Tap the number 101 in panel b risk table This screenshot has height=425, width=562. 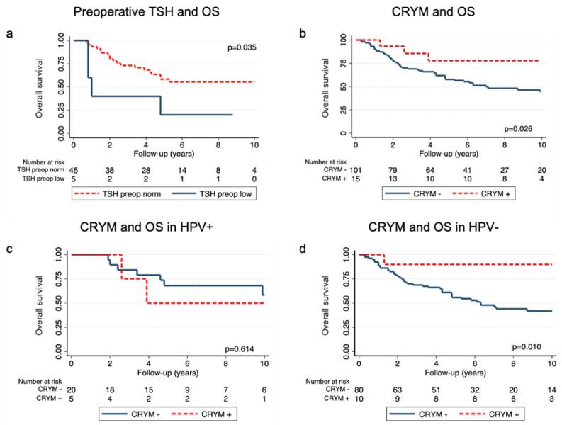click(x=354, y=169)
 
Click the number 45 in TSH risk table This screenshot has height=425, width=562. click(x=74, y=170)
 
